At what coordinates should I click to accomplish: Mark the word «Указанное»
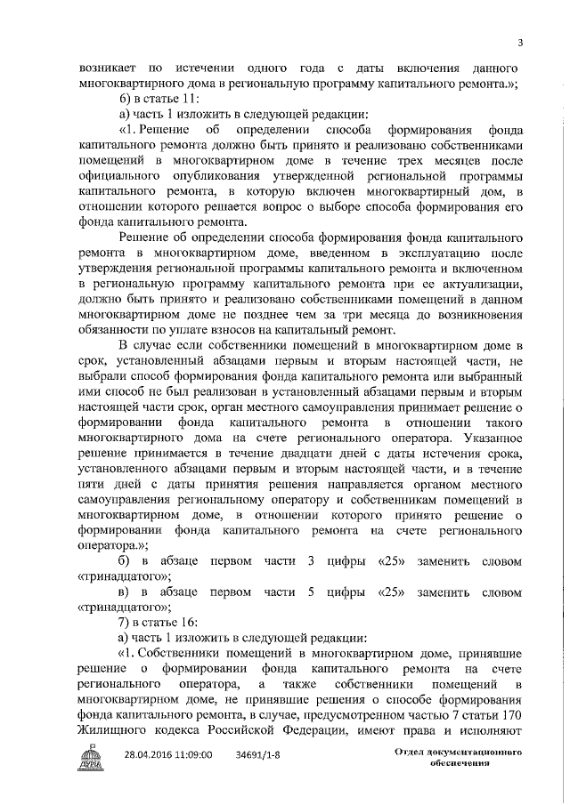click(x=486, y=446)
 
